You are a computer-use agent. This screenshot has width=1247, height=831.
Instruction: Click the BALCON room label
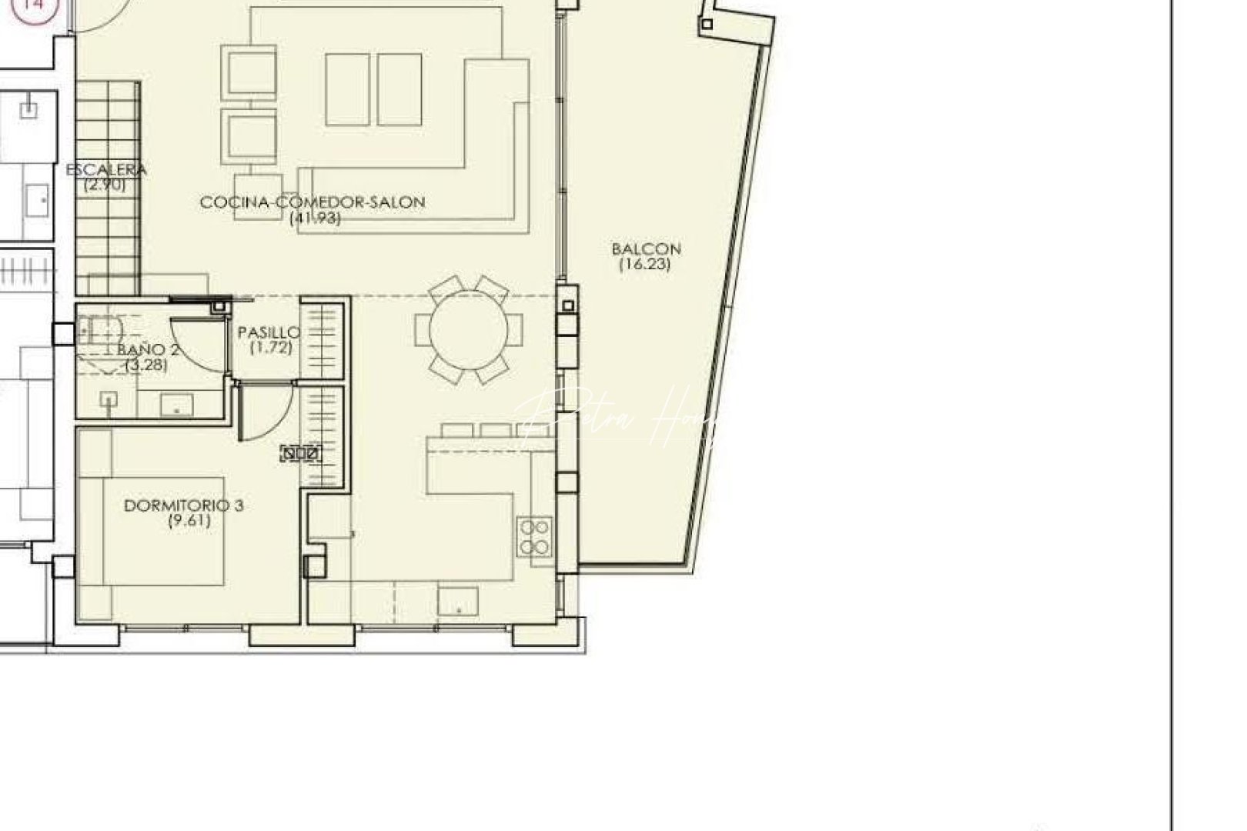[646, 249]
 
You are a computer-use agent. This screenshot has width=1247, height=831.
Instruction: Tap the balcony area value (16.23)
[645, 264]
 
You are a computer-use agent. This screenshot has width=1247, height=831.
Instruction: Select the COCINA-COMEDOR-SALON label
[313, 202]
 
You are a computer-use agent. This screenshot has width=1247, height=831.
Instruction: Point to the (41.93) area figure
[315, 218]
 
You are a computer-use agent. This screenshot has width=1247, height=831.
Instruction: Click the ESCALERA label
[106, 170]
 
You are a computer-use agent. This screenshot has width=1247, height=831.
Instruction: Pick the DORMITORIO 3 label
[184, 506]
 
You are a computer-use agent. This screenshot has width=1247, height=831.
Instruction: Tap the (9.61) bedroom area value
[189, 521]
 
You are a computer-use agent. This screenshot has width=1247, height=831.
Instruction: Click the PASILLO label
[269, 332]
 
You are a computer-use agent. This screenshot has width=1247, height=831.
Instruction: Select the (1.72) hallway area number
[271, 347]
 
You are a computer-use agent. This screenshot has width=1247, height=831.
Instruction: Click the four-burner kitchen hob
[534, 536]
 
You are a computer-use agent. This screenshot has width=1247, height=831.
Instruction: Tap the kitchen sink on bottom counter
[458, 600]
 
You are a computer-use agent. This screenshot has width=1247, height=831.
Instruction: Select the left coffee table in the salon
[348, 89]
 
